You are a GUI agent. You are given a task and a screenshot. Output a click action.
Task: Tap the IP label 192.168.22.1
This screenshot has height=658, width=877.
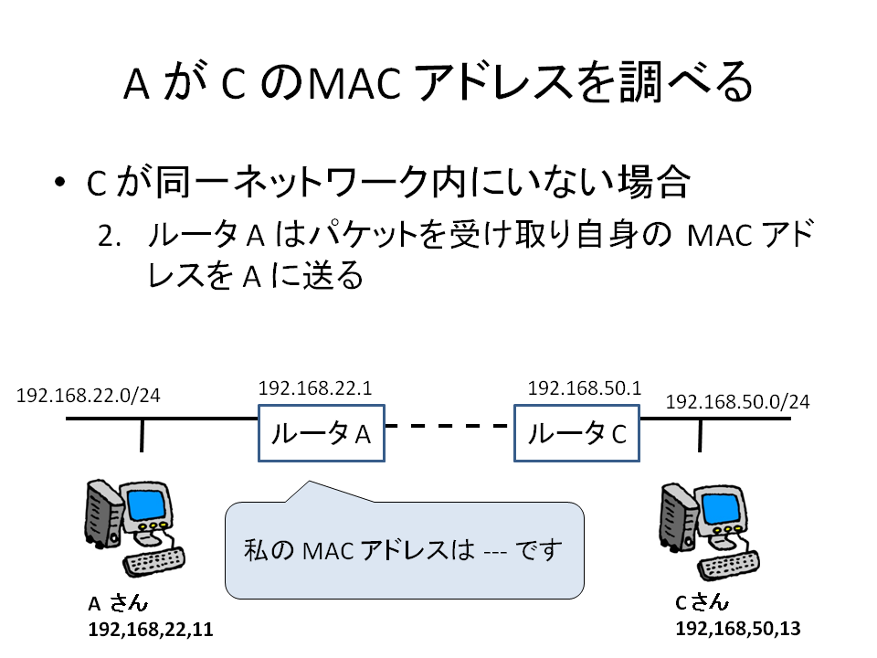pyautogui.click(x=315, y=387)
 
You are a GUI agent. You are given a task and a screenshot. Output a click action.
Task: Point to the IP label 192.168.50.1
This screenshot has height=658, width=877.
pyautogui.click(x=585, y=387)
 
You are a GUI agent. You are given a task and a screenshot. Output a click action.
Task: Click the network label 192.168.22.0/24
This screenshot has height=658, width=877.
pyautogui.click(x=88, y=396)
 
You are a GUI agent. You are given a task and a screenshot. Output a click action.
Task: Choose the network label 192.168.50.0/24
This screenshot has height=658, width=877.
pyautogui.click(x=737, y=402)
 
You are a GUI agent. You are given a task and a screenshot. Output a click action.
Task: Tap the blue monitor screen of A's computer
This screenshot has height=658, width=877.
pyautogui.click(x=146, y=504)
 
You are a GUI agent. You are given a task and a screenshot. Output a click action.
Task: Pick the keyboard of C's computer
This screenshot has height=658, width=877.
pyautogui.click(x=729, y=566)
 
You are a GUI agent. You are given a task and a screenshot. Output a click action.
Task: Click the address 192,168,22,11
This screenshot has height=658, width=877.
pyautogui.click(x=151, y=630)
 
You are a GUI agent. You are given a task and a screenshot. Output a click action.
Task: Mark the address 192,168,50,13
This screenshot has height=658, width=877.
pyautogui.click(x=738, y=629)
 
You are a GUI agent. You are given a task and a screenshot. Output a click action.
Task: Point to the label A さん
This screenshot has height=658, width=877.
pyautogui.click(x=118, y=603)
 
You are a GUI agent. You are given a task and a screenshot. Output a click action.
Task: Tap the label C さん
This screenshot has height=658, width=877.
pyautogui.click(x=702, y=602)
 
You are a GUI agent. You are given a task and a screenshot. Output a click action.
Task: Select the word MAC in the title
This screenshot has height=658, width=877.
pyautogui.click(x=354, y=84)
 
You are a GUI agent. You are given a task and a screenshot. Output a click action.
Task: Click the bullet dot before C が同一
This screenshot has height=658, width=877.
pyautogui.click(x=60, y=182)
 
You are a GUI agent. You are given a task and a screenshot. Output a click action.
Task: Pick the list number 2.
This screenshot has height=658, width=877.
pyautogui.click(x=109, y=236)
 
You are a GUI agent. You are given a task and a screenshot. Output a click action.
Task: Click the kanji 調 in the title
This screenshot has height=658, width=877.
pyautogui.click(x=640, y=82)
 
